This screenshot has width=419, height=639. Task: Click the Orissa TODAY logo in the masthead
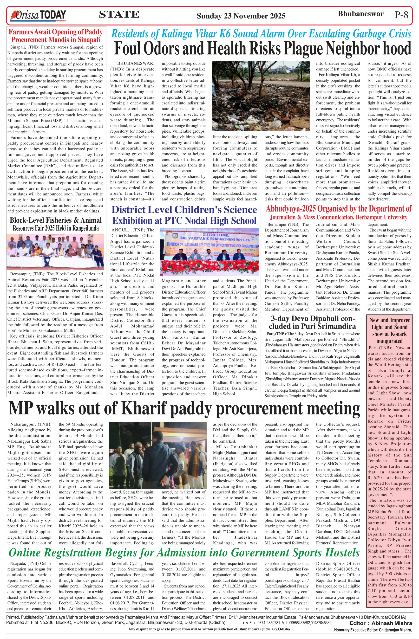[x=38, y=15]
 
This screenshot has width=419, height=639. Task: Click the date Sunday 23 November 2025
[x=241, y=16]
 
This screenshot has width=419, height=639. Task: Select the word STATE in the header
[x=119, y=14]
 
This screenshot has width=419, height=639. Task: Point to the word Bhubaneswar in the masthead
[x=360, y=14]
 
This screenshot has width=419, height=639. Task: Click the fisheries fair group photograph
[x=55, y=252]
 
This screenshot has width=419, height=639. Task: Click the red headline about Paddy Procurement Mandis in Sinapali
[x=56, y=36]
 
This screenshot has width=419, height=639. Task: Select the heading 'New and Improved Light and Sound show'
[x=389, y=330]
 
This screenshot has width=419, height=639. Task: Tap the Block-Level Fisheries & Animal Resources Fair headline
[x=56, y=224]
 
